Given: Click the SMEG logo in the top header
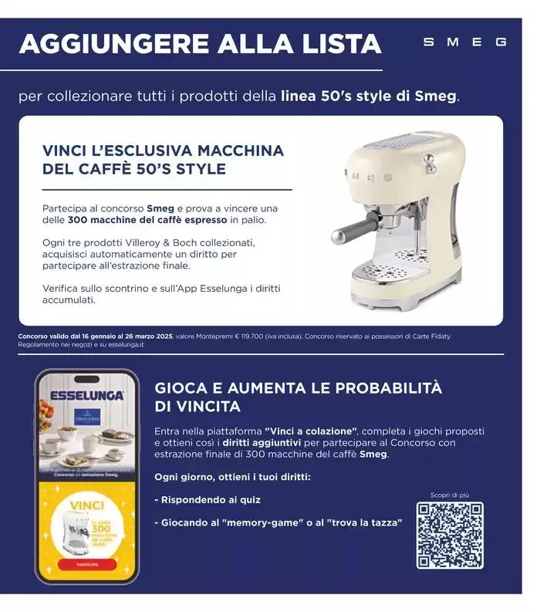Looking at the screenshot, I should pos(464,42).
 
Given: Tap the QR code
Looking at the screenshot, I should pos(450,535).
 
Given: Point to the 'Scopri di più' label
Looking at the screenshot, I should pos(450,494).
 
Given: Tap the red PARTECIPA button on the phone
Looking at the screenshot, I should pos(87,564).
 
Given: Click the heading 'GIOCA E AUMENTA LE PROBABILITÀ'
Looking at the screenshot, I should pos(298,388).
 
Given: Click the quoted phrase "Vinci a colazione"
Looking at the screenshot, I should pos(311,430).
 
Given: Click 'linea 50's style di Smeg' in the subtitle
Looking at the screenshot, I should pos(370,96).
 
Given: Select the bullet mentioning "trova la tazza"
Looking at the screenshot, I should pos(278,522).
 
